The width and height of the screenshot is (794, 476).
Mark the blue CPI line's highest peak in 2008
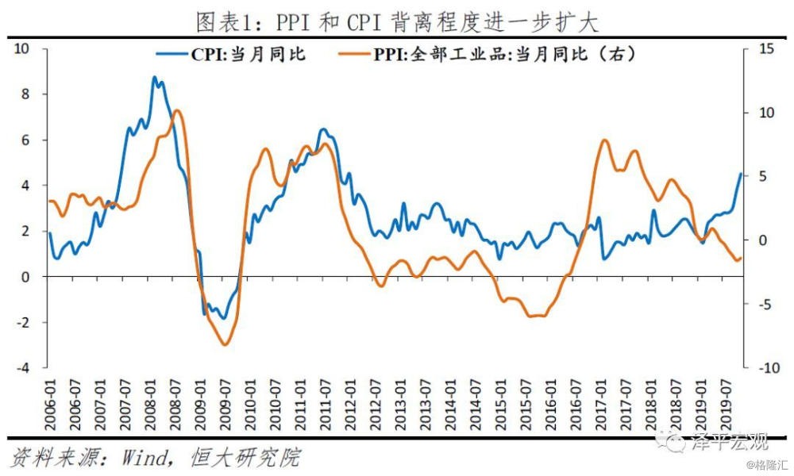click(x=155, y=77)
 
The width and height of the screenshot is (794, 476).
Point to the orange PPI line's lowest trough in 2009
click(x=225, y=344)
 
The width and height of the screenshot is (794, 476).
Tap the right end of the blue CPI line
click(x=741, y=174)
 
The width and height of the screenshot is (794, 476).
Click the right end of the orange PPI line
click(x=741, y=257)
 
